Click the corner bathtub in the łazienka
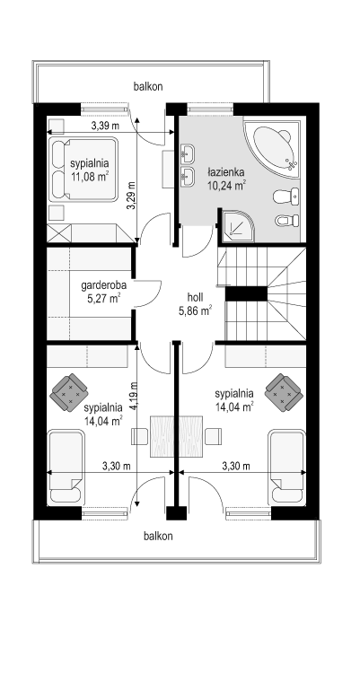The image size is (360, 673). pos(274,148)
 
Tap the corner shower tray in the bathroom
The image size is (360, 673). pos(236,225)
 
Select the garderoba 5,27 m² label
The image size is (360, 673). pos(101,291)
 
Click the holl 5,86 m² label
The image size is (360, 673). pos(195,304)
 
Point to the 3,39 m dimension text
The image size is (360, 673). pos(105,126)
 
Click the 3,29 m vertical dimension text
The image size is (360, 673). pos(131,196)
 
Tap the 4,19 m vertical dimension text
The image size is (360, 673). pos(134,396)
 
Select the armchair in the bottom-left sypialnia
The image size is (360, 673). pos(69,392)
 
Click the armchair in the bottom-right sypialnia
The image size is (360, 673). pos(284,392)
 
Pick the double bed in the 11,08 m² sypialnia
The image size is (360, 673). pos(83,169)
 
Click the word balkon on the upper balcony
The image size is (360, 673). pos(148,86)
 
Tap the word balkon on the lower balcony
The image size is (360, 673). pos(159,536)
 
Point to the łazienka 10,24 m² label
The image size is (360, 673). pos(226,179)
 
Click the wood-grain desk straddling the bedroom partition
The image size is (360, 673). pos(177,436)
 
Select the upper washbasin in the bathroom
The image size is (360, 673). pos(188,153)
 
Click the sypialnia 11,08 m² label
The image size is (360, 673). pos(90,169)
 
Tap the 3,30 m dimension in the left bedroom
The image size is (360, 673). pos(117,466)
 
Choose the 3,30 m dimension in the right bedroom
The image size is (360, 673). pos(236,466)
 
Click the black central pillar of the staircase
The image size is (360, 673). pos(247,293)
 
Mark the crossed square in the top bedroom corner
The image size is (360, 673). pos(59,233)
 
